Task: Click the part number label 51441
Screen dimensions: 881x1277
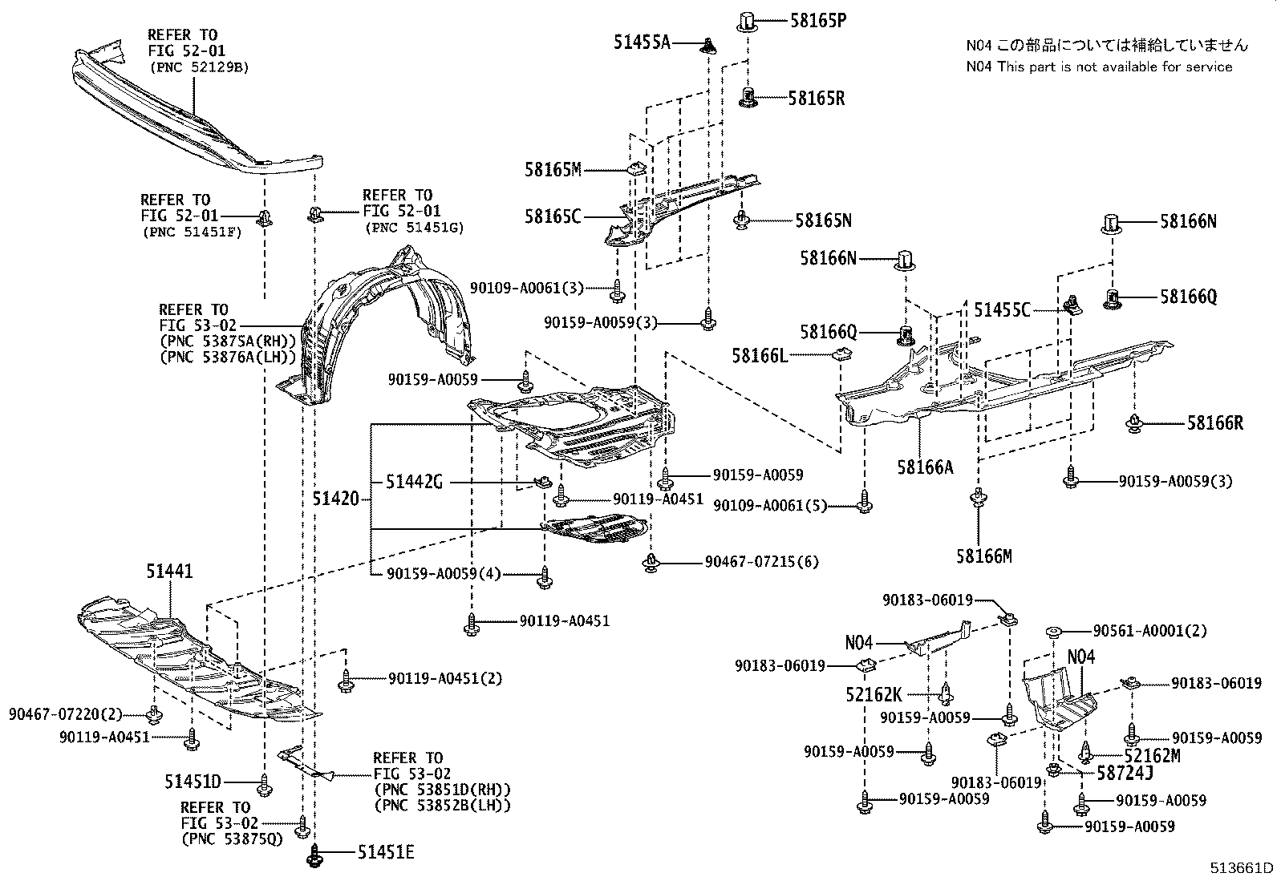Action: pos(169,571)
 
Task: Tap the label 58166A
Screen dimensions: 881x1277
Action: pos(926,467)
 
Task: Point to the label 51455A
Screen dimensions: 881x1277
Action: pos(642,42)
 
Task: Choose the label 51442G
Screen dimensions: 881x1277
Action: pos(414,482)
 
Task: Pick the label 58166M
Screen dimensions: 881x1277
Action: pos(983,555)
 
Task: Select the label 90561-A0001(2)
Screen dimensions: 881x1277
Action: pos(1149,631)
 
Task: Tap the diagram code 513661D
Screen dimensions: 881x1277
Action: pos(1243,867)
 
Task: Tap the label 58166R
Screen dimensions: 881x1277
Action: pos(1214,422)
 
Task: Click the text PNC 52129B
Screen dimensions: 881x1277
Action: pos(198,67)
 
